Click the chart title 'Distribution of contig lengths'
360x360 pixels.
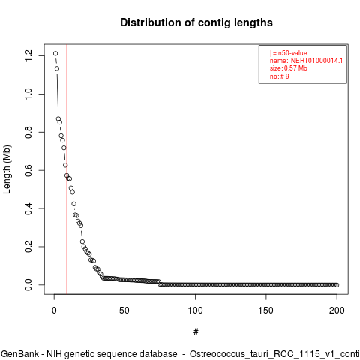pos(196,22)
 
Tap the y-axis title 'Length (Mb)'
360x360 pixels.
pos(7,169)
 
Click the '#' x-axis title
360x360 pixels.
pos(196,332)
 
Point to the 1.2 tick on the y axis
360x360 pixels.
pos(28,55)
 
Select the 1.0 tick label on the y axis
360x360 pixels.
pos(28,94)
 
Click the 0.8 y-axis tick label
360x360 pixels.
pos(28,132)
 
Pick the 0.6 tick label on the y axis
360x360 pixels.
pos(28,170)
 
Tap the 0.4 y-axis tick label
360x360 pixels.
pos(28,208)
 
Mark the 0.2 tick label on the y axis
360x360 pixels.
pos(28,247)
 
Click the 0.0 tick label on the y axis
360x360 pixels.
pos(28,285)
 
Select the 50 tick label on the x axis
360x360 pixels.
pos(124,310)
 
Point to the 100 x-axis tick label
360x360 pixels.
pos(195,310)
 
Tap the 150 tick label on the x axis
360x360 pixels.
pos(265,310)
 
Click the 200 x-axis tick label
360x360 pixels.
pos(337,310)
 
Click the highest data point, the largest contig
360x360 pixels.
pos(55,53)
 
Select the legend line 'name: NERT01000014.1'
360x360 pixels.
pos(306,61)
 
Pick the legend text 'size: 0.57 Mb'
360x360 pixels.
pos(288,68)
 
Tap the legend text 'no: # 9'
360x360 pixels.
pos(279,76)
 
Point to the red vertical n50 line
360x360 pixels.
pos(67,169)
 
